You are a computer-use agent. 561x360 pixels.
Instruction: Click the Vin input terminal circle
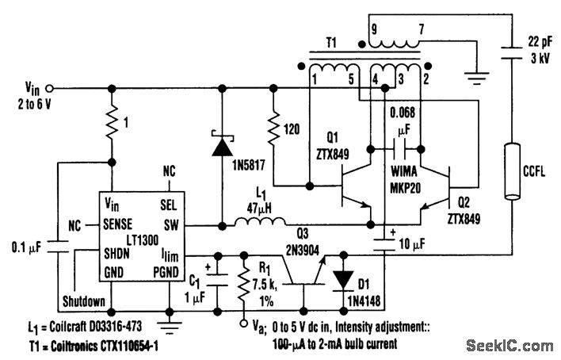point(50,88)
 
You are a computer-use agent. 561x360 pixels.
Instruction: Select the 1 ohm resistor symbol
point(112,123)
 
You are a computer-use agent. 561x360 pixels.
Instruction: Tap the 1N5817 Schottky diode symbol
point(222,144)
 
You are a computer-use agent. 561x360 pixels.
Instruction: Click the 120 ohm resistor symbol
point(273,129)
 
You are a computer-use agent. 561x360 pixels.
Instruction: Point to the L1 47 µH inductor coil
point(260,221)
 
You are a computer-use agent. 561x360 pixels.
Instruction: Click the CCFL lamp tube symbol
point(513,171)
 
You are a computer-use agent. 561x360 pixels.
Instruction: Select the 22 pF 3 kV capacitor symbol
point(513,52)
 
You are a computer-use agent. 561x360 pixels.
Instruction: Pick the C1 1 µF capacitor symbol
point(217,280)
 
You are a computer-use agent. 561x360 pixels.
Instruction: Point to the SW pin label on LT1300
point(171,225)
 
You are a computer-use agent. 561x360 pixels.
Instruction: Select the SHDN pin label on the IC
point(116,254)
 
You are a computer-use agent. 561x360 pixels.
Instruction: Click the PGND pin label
point(166,272)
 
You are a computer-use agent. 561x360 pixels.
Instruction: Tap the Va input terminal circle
point(243,323)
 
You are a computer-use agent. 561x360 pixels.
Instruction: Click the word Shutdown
point(84,301)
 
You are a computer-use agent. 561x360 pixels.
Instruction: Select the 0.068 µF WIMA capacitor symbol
point(399,149)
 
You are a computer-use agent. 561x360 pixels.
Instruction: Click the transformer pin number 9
point(374,29)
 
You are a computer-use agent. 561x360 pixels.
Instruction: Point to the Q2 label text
point(464,203)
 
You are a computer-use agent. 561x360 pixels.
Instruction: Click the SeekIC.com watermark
point(509,346)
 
